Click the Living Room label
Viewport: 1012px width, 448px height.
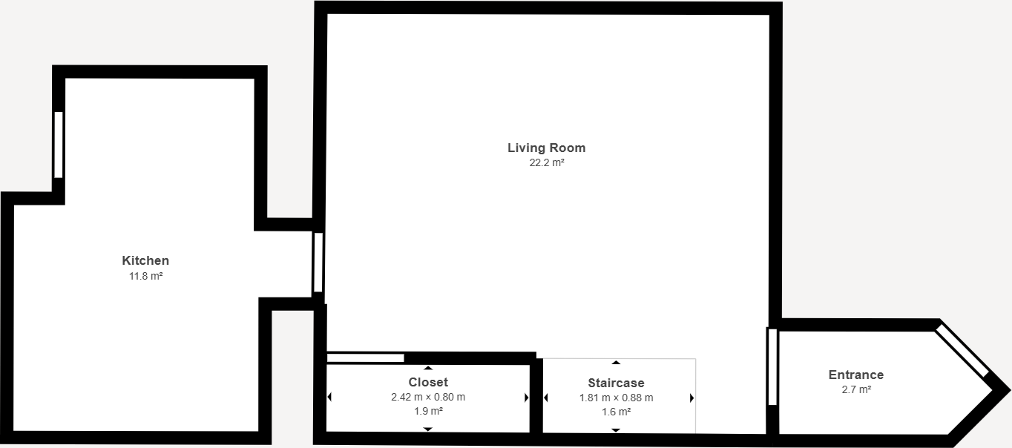click(x=546, y=148)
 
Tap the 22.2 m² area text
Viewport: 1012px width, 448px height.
click(x=546, y=163)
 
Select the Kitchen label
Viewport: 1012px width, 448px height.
click(x=145, y=260)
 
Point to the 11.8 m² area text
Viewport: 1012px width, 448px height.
click(x=145, y=276)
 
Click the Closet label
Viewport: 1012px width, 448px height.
click(x=428, y=382)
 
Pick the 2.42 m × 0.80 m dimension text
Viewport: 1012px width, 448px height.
click(x=428, y=397)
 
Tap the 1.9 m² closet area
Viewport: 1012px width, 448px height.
click(x=428, y=411)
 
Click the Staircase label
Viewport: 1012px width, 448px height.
click(x=616, y=383)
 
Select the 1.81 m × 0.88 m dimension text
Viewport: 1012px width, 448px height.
click(x=616, y=398)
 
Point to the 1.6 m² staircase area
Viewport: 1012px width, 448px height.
click(x=616, y=412)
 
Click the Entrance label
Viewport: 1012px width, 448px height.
click(x=855, y=375)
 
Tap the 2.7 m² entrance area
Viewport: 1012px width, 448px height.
click(x=855, y=389)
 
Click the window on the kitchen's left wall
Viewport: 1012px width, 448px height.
click(x=59, y=144)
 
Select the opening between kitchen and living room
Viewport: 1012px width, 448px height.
click(x=318, y=262)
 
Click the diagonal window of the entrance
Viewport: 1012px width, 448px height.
click(x=963, y=350)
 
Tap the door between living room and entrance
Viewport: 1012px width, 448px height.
click(x=772, y=366)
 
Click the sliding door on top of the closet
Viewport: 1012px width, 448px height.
click(x=365, y=358)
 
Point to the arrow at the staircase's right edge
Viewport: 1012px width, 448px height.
click(x=691, y=398)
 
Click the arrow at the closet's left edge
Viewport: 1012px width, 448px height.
click(x=329, y=398)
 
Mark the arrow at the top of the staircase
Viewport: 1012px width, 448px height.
click(x=616, y=362)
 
